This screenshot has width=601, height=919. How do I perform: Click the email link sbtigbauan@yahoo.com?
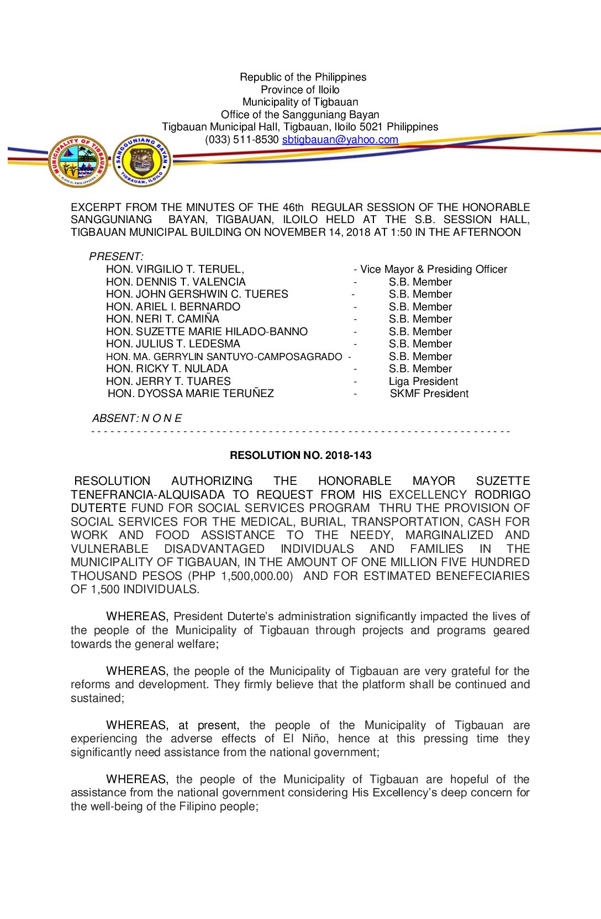tap(340, 140)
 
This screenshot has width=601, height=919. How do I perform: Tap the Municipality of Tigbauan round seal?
tap(78, 161)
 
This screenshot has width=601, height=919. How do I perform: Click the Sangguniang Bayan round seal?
tap(142, 161)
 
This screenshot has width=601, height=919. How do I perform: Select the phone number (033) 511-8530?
tap(241, 140)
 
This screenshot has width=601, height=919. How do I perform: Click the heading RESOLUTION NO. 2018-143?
tap(300, 456)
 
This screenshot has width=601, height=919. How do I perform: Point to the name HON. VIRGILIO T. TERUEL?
tap(175, 270)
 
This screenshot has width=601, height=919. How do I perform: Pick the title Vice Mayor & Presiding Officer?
tap(433, 270)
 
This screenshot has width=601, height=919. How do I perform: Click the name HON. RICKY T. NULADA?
tap(167, 369)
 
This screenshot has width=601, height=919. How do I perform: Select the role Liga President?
tap(423, 382)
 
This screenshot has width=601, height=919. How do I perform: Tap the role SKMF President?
tap(429, 394)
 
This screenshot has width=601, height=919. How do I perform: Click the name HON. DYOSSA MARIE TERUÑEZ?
tap(191, 394)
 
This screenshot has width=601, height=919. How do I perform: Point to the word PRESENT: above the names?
tap(116, 257)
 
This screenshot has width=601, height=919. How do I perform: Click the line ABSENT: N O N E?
tap(136, 419)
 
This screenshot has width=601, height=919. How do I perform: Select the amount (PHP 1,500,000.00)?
tap(240, 576)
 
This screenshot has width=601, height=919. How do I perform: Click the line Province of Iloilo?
tap(300, 90)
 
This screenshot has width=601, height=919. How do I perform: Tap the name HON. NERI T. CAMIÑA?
tap(162, 319)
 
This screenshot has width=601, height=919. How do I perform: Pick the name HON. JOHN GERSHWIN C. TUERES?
tap(197, 294)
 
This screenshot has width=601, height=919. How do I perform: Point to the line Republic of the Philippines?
tap(303, 77)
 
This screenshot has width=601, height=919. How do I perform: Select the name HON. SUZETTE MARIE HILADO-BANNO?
tap(207, 332)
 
